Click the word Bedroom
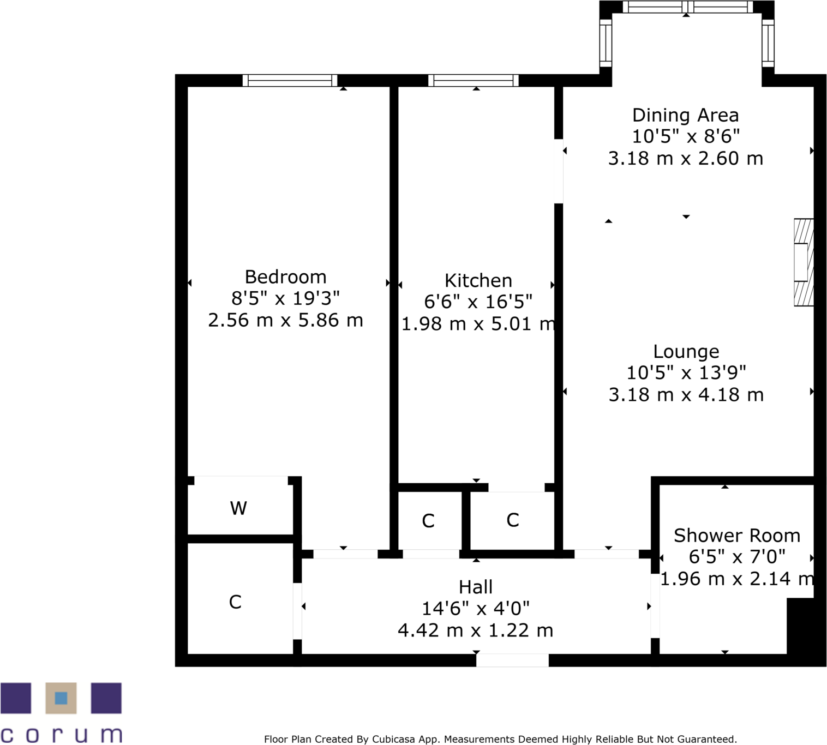[285, 277]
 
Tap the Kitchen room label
[478, 280]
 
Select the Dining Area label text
[685, 115]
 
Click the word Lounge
[686, 352]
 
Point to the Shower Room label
[736, 536]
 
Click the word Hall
[476, 587]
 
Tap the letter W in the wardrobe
[238, 508]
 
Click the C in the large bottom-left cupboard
[235, 602]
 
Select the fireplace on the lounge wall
[803, 262]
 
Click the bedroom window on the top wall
[290, 81]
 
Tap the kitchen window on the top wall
[473, 81]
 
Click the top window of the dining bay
[687, 7]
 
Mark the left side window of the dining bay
[606, 43]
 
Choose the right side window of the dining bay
[768, 43]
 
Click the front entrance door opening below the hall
[512, 660]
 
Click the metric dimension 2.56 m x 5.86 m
[285, 320]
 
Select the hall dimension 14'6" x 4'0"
[476, 609]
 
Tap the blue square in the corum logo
[61, 698]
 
